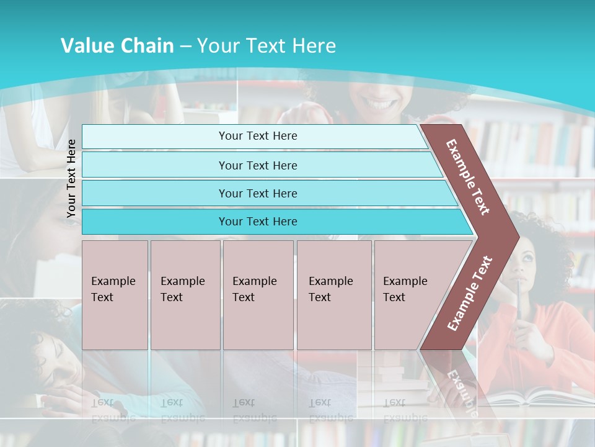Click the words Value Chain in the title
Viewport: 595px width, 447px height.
(x=117, y=46)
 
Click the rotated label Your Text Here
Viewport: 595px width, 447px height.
(x=71, y=178)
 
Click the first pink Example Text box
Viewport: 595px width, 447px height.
(x=115, y=295)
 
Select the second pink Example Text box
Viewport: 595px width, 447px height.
(x=185, y=295)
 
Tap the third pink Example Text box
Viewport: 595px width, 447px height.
(x=258, y=295)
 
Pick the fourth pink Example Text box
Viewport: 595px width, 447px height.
(x=334, y=295)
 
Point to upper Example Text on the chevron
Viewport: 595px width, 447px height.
(x=468, y=177)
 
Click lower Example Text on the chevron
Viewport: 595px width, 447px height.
(x=469, y=293)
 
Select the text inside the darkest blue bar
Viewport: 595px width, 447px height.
(x=258, y=222)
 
